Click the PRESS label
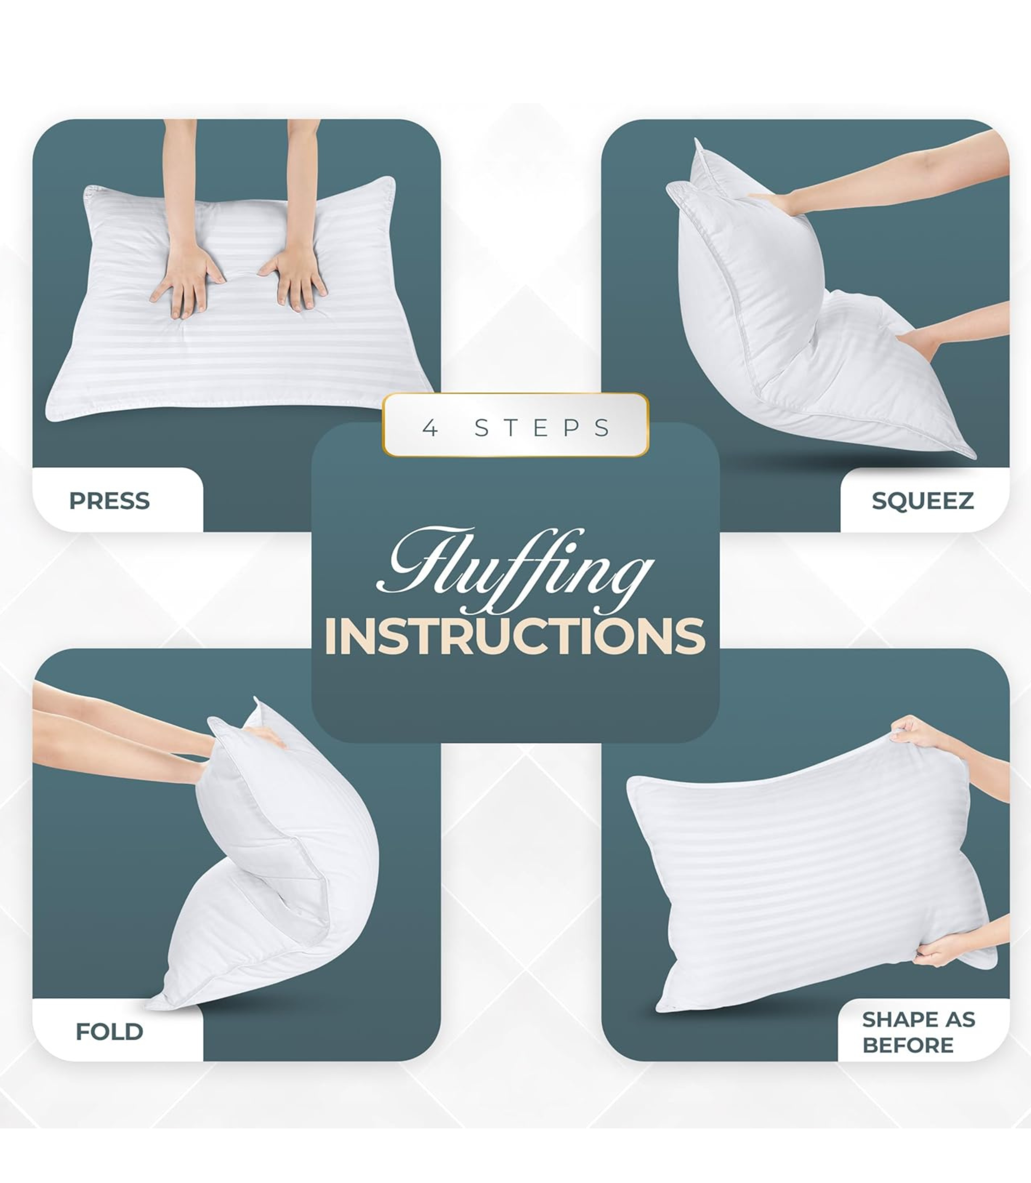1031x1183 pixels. pos(109,501)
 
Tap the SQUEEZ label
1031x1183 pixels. pos(922,501)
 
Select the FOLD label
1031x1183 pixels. pos(109,1032)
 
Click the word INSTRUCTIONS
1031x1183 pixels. pos(515,636)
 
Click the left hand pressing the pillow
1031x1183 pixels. pos(185,279)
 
